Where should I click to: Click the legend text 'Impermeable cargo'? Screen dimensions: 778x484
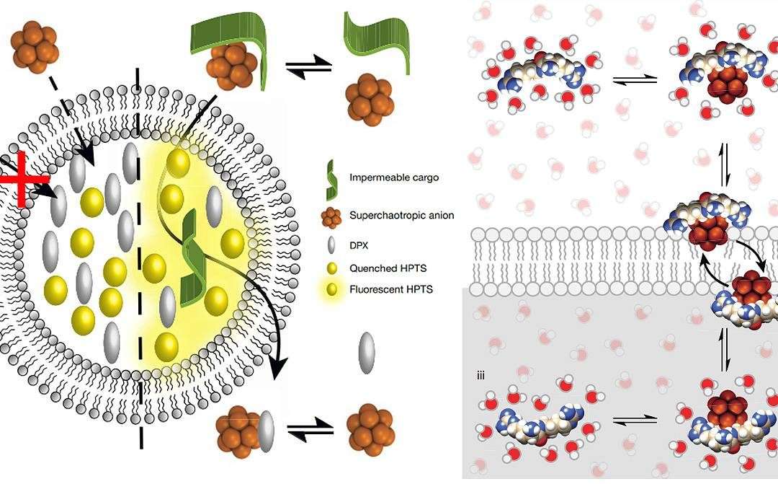click(394, 178)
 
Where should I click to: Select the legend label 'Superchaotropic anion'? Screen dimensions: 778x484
click(401, 215)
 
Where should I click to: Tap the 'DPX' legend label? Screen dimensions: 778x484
click(359, 245)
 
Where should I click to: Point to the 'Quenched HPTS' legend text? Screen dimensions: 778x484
click(388, 268)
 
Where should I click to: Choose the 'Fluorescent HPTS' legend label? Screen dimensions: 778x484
click(391, 289)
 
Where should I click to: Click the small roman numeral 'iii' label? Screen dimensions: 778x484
click(480, 376)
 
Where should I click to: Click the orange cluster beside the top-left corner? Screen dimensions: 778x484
click(35, 47)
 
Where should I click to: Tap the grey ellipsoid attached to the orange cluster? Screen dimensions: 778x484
click(267, 431)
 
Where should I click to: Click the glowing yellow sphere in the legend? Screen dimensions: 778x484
click(331, 289)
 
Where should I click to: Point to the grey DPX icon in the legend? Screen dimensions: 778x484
click(331, 245)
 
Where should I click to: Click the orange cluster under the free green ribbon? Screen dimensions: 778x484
click(369, 100)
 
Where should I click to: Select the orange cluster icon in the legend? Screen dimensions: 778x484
click(331, 216)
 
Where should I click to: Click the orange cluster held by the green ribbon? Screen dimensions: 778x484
click(230, 66)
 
